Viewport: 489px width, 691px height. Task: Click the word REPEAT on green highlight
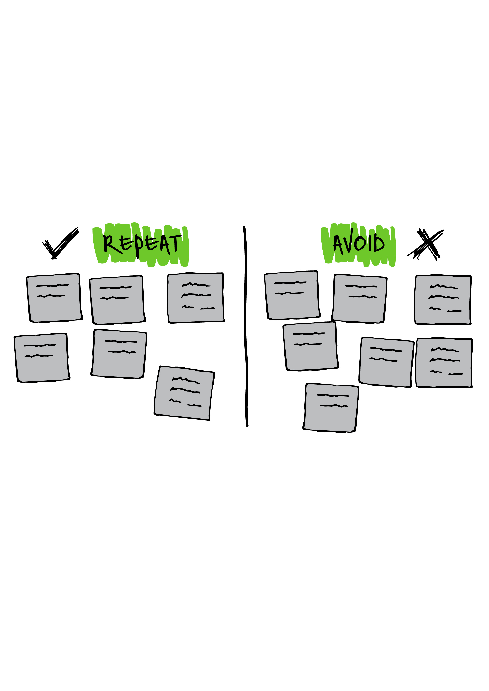click(142, 244)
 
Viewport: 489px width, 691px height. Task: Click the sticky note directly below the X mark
click(443, 300)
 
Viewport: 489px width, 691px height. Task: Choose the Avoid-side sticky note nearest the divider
click(292, 295)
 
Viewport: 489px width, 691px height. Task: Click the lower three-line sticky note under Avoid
click(444, 363)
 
